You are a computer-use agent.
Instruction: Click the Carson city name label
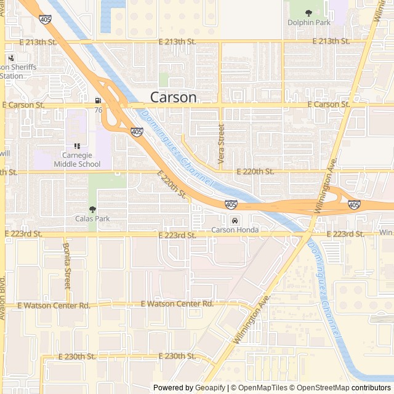(x=174, y=97)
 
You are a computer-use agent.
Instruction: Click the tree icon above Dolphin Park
(x=309, y=12)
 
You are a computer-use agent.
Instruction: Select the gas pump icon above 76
(x=98, y=101)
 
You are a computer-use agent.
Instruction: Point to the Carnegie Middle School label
(x=76, y=160)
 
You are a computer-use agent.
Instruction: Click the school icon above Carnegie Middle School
(x=77, y=147)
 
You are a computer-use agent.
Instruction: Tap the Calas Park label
(x=92, y=219)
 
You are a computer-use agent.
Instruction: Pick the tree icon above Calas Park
(x=92, y=209)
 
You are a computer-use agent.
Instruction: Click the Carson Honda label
(x=235, y=230)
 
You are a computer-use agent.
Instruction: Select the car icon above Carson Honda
(x=235, y=220)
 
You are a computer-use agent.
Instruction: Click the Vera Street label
(x=222, y=140)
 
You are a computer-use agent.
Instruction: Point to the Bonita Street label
(x=67, y=266)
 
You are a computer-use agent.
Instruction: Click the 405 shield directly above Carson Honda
(x=231, y=204)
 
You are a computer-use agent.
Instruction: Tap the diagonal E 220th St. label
(x=172, y=184)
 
